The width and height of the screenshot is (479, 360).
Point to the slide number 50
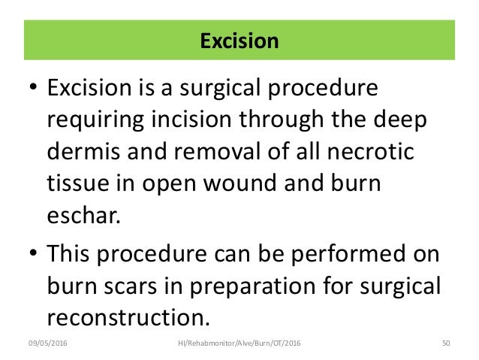click(x=445, y=342)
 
